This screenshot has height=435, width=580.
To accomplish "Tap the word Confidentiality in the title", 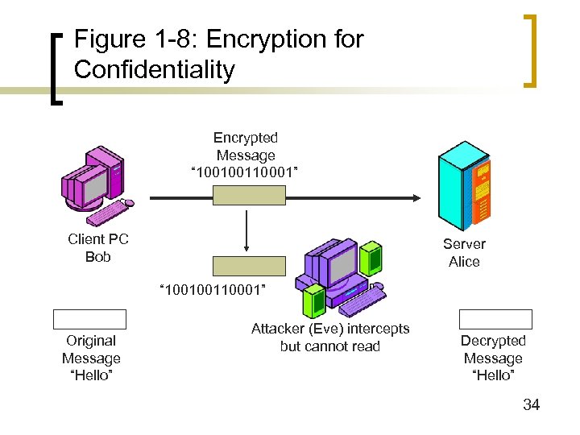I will click(x=154, y=69).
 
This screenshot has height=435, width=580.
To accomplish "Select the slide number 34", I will click(x=531, y=404).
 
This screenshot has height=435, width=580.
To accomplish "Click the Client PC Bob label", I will click(x=97, y=248).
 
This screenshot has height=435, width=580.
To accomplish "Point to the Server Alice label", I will click(x=464, y=253).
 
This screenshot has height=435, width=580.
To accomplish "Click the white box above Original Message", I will click(x=90, y=319).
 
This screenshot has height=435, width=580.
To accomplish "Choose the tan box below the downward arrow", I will click(x=249, y=266).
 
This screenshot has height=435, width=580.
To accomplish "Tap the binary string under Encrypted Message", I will click(x=245, y=172).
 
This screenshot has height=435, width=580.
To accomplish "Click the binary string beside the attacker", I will click(x=213, y=288).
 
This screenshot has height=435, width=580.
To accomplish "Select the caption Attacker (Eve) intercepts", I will click(x=330, y=329).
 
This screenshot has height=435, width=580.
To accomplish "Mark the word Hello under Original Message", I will click(x=91, y=375).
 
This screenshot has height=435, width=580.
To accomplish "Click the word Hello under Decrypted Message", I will click(x=493, y=375).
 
